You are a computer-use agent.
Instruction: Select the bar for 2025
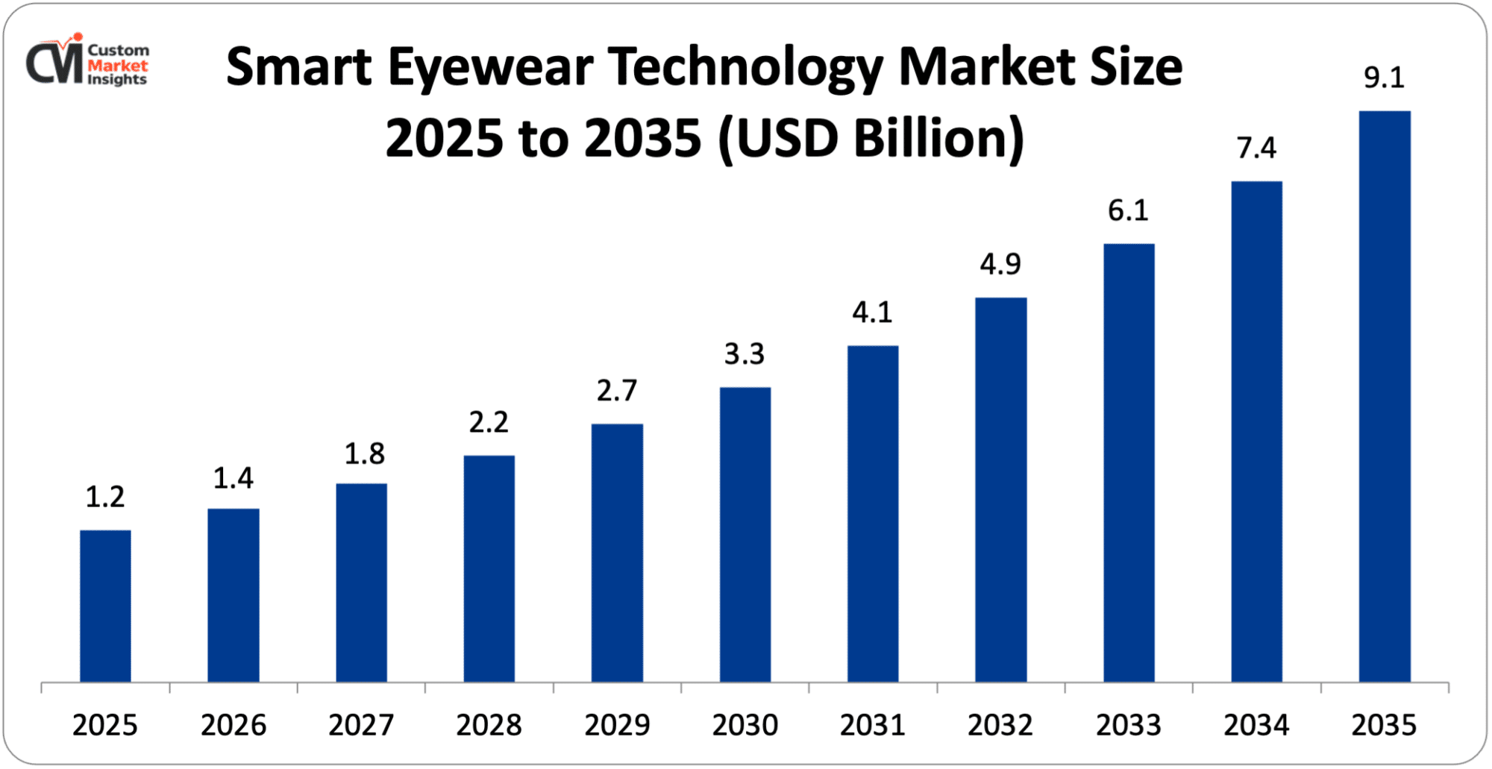point(105,606)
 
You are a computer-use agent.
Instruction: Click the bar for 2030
point(745,534)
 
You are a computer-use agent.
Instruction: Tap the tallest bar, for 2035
point(1385,396)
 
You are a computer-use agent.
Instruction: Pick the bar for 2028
point(489,568)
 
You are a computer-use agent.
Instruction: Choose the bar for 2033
point(1129,462)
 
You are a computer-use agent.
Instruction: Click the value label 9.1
point(1384,78)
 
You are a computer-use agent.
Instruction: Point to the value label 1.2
point(105,497)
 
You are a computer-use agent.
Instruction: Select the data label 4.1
point(872,313)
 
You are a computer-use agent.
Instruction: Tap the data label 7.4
point(1256,148)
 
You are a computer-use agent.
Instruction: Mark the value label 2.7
point(617,391)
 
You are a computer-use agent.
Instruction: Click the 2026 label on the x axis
point(233,725)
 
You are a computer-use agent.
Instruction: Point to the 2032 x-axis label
point(1000,725)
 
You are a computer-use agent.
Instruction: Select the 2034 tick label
point(1256,725)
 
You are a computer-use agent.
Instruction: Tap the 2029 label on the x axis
point(617,725)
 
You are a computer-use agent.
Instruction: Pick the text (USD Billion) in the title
point(871,139)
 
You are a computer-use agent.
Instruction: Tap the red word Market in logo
point(118,65)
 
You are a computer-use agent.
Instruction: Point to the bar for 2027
point(361,583)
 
